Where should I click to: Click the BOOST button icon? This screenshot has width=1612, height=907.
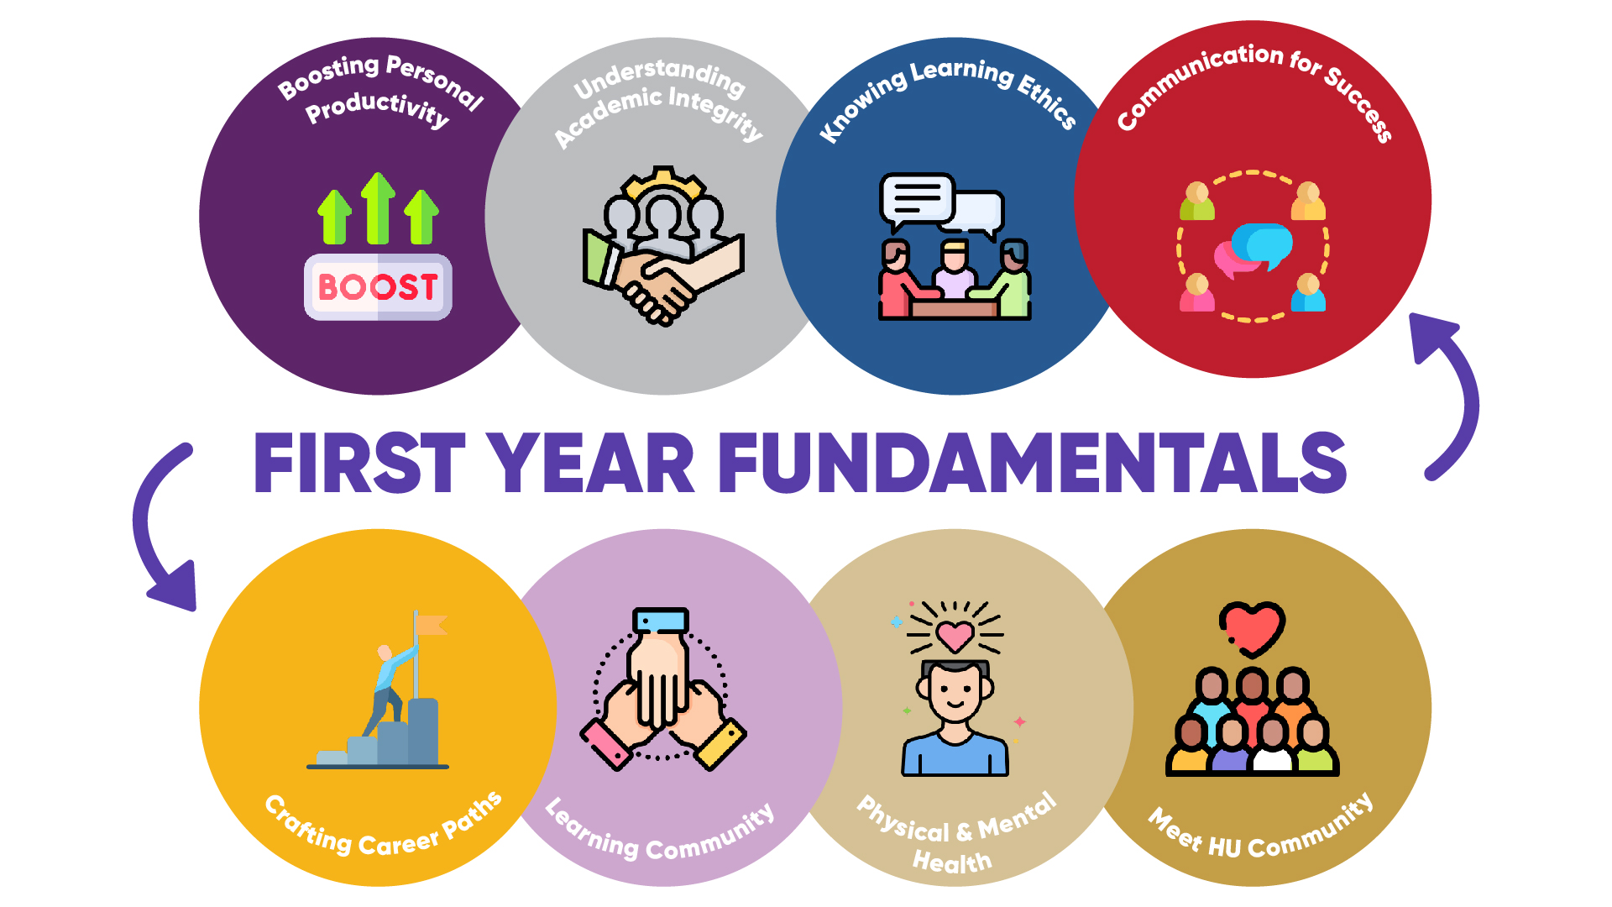tap(378, 286)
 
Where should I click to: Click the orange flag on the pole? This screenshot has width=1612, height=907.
tap(432, 625)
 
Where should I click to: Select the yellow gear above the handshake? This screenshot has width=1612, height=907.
tap(664, 182)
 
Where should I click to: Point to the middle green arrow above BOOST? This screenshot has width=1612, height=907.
tap(379, 208)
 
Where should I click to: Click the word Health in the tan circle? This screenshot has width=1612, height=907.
tap(952, 861)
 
